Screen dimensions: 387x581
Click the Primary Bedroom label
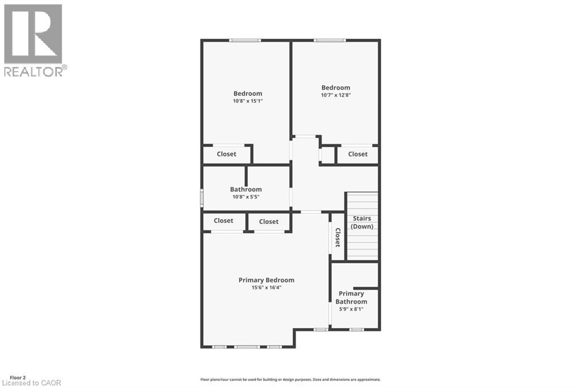266,280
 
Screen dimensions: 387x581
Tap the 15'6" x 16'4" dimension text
266,288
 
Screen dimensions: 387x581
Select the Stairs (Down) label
362,222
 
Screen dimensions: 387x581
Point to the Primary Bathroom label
351,297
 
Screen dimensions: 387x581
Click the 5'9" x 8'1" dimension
351,309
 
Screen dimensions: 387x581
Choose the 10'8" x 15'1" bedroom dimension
247,101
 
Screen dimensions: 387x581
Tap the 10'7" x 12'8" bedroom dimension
335,95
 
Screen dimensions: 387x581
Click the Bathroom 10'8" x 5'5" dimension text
246,197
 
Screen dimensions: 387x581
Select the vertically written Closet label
337,238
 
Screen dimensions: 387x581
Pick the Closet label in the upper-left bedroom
226,154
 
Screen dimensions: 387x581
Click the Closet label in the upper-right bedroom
357,154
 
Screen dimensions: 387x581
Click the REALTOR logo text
35,71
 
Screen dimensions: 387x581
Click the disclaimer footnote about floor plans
290,379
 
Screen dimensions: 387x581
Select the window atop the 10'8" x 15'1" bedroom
245,40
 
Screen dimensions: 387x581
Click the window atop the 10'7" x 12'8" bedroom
330,40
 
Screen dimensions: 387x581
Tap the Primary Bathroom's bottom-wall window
356,329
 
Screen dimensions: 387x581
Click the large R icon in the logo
33,33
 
